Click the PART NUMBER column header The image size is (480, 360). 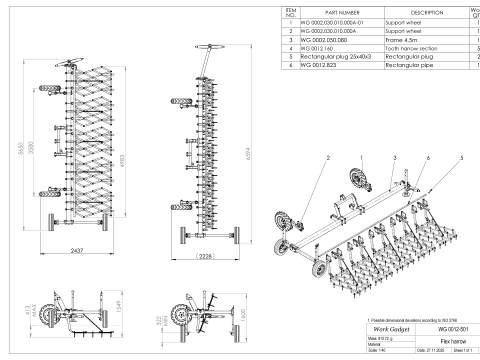coord(334,11)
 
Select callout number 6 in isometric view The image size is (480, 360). coord(429,158)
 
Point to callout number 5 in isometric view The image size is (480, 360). coord(461,158)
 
